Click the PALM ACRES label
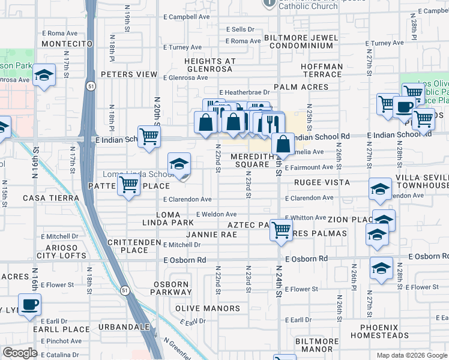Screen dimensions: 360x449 [301, 87]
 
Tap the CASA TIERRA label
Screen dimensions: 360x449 [51, 198]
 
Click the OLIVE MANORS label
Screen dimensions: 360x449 [207, 308]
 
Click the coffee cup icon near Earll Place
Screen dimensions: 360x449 [29, 304]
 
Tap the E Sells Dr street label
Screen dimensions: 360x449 [240, 29]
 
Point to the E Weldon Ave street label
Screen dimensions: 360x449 [216, 214]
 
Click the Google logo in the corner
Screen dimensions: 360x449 [20, 353]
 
